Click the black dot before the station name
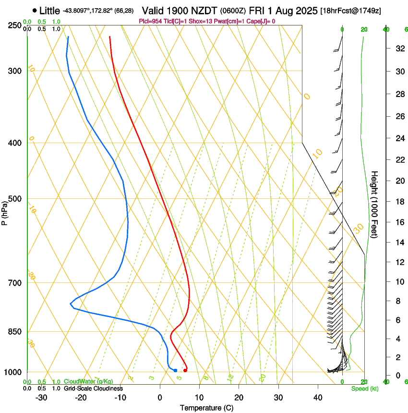(35, 10)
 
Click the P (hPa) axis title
(4, 210)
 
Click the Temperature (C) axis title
(206, 408)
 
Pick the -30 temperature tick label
(41, 398)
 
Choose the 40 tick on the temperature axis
(318, 398)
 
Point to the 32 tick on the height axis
(398, 49)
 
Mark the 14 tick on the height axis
(398, 243)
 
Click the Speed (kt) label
(362, 389)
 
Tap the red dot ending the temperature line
(185, 370)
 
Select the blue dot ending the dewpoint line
(175, 370)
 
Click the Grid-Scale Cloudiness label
(93, 388)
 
